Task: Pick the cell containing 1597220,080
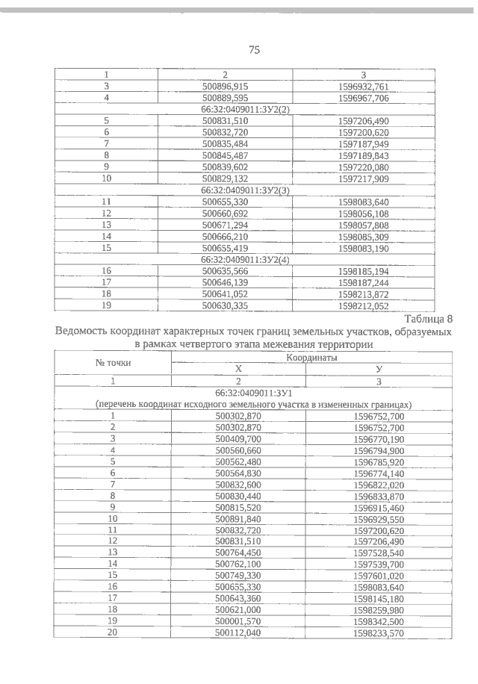coord(363,168)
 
